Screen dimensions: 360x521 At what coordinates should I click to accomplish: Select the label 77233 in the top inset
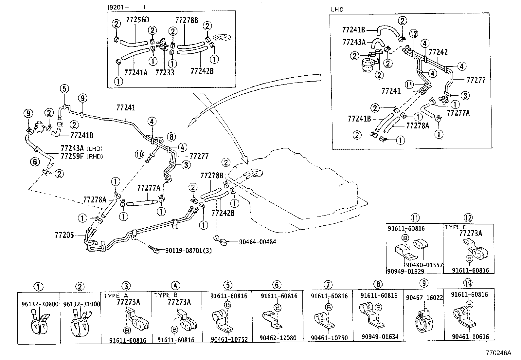(x=165, y=72)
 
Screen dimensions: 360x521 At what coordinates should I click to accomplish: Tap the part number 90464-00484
(x=257, y=242)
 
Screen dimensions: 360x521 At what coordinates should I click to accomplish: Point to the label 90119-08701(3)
(x=188, y=251)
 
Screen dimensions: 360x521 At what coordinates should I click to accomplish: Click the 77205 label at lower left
(x=64, y=235)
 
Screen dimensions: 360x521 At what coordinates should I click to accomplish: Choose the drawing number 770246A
(x=498, y=353)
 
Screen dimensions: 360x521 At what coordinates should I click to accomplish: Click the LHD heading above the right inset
(x=337, y=9)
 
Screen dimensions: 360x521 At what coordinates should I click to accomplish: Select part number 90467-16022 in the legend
(x=424, y=298)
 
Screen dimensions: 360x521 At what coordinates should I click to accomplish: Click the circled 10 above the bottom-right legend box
(x=468, y=283)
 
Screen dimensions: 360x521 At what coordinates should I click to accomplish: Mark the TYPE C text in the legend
(x=456, y=227)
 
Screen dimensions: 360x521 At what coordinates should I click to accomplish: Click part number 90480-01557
(x=424, y=265)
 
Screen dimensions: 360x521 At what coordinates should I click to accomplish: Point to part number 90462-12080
(x=278, y=338)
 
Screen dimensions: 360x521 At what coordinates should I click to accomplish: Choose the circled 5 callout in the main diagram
(x=64, y=89)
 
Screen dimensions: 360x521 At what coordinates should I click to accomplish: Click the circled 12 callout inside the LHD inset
(x=413, y=33)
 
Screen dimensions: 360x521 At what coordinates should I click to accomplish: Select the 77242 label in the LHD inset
(x=438, y=52)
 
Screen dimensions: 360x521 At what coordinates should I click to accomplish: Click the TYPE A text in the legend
(x=117, y=295)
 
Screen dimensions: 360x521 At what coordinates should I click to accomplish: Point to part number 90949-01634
(x=380, y=337)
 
